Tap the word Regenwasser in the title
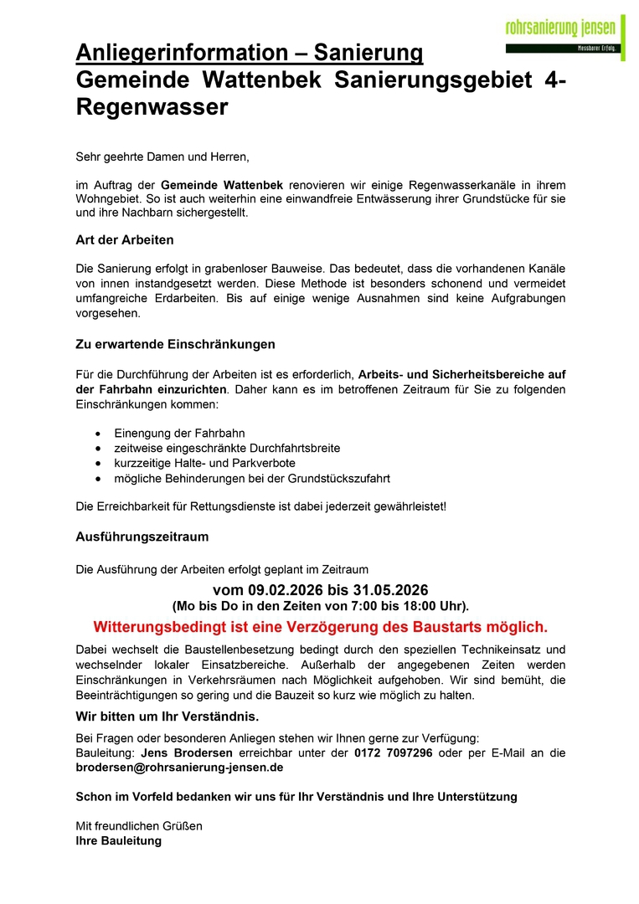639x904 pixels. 152,107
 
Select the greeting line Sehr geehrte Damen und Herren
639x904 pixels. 162,156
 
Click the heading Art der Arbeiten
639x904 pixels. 125,240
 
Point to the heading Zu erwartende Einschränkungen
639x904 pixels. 175,344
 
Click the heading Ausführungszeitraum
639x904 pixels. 142,537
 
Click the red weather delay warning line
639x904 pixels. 320,626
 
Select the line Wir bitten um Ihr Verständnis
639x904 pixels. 167,717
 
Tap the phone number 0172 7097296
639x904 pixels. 393,752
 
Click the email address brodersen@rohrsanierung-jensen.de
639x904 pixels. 179,767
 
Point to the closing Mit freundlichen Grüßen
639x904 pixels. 139,825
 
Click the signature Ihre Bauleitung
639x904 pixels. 118,840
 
